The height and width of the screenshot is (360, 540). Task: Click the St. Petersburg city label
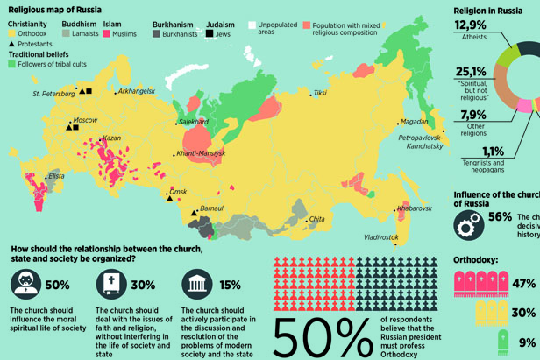[53, 93]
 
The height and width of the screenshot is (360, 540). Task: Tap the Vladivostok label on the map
[381, 237]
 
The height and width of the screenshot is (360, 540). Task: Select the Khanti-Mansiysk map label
[201, 153]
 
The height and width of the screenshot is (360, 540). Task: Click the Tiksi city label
[320, 92]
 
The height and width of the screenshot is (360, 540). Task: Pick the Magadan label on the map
[414, 122]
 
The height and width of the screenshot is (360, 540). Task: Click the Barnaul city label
[212, 208]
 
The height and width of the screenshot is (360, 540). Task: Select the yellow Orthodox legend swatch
[12, 33]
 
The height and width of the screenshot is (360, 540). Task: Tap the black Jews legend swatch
[210, 33]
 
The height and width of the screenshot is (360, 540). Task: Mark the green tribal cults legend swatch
[12, 64]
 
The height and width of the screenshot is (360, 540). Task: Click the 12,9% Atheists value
[471, 26]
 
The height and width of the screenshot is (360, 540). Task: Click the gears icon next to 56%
[468, 224]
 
